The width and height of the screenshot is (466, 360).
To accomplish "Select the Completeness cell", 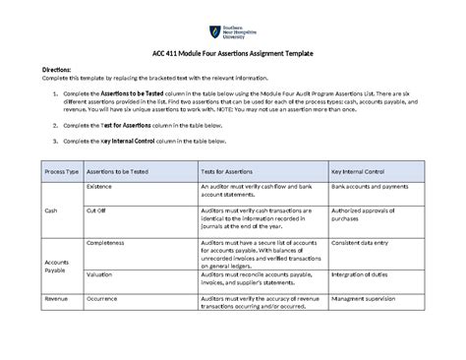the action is coord(107,241).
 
